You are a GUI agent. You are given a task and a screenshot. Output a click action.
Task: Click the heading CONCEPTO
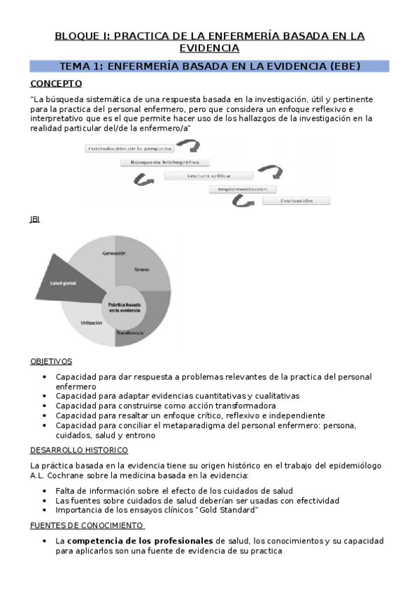(56, 83)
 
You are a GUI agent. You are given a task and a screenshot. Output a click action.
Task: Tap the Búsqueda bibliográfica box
(164, 162)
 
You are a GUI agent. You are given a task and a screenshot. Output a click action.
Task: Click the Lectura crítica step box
(208, 176)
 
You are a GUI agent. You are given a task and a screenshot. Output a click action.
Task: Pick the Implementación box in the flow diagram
(242, 189)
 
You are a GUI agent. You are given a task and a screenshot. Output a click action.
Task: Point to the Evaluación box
(297, 201)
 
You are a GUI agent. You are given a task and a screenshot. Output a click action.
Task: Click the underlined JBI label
(35, 219)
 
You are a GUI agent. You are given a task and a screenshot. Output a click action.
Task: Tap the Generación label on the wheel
(113, 252)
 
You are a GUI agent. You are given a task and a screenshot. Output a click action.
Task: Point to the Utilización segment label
(92, 322)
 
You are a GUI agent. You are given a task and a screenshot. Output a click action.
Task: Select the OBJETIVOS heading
(51, 362)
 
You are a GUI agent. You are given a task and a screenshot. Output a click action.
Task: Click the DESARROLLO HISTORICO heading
(78, 450)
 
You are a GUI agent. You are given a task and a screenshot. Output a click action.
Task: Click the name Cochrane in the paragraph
(62, 476)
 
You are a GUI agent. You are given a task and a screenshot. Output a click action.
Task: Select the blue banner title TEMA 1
(210, 66)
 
